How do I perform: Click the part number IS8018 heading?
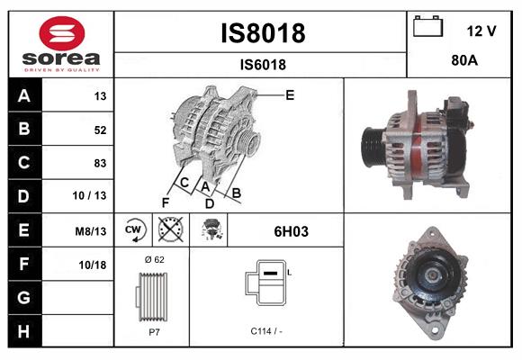tap(262, 33)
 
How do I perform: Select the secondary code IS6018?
tap(262, 64)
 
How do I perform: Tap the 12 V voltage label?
tap(481, 31)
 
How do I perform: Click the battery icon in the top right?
tap(428, 28)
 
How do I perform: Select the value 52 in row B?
tap(100, 130)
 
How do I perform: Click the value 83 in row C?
tap(100, 163)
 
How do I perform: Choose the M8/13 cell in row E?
tap(92, 230)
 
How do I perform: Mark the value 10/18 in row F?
tap(94, 264)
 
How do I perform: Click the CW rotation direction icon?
tap(131, 230)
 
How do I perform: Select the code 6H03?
tap(291, 231)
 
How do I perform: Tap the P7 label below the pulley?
tap(152, 331)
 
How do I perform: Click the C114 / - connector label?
tap(265, 331)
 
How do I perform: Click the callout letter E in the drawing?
tap(290, 94)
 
